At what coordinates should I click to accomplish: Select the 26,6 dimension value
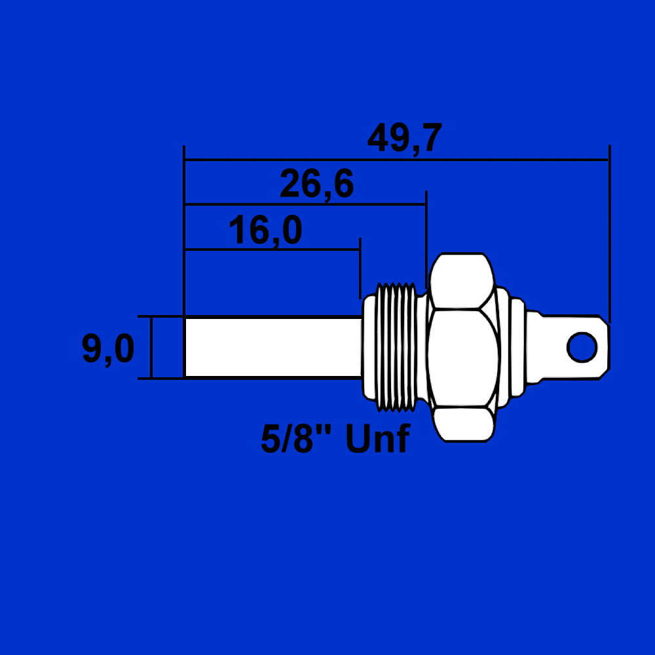(316, 184)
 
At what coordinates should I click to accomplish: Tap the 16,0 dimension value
(265, 230)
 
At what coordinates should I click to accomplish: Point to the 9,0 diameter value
(108, 349)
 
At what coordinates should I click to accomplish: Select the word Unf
(378, 438)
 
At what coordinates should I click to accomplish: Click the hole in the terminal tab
(582, 347)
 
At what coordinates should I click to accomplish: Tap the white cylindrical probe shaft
(273, 348)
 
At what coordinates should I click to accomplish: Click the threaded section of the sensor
(396, 346)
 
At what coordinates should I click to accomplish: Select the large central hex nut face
(463, 358)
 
